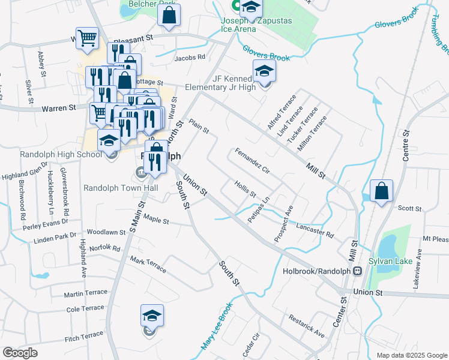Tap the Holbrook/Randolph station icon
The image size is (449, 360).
[x=358, y=271]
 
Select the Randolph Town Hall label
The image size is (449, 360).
[x=120, y=188]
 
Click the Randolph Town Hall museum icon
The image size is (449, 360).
[x=140, y=173]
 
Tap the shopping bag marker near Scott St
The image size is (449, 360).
[x=381, y=191]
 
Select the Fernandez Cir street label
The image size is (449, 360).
[x=253, y=161]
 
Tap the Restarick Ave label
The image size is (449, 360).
[x=306, y=325]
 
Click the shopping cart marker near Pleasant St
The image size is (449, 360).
[x=87, y=38]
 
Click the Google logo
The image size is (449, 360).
[x=20, y=353]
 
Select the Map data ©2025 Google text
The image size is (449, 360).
[x=411, y=355]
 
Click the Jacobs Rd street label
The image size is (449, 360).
[x=190, y=58]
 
